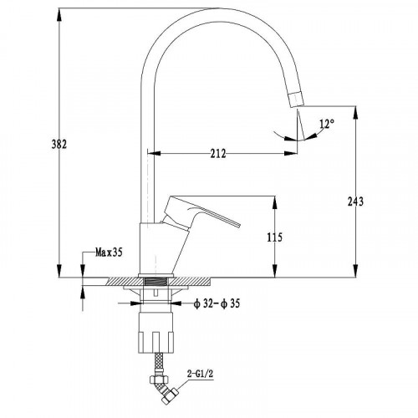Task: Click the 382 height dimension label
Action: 59,145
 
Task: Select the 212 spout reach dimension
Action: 218,154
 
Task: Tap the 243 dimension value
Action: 355,201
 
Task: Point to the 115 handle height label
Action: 275,237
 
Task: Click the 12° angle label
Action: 327,124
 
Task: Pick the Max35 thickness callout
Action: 109,252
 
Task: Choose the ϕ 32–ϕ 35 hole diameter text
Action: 217,303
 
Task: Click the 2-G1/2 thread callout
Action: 200,374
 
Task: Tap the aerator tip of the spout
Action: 296,99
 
